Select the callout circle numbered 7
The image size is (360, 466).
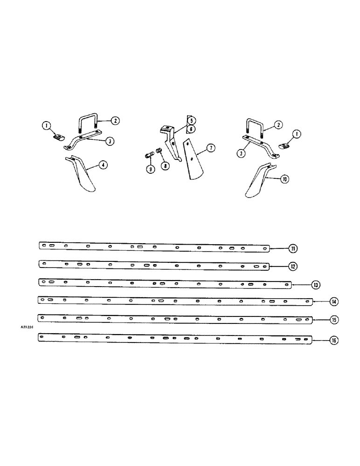tap(210, 148)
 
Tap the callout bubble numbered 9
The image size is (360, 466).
tap(151, 170)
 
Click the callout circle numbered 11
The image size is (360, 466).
tap(292, 248)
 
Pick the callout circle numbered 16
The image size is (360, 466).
tap(333, 341)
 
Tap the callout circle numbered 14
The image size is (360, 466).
tap(334, 302)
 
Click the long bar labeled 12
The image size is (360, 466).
tap(154, 265)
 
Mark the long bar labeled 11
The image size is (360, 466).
tap(154, 247)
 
